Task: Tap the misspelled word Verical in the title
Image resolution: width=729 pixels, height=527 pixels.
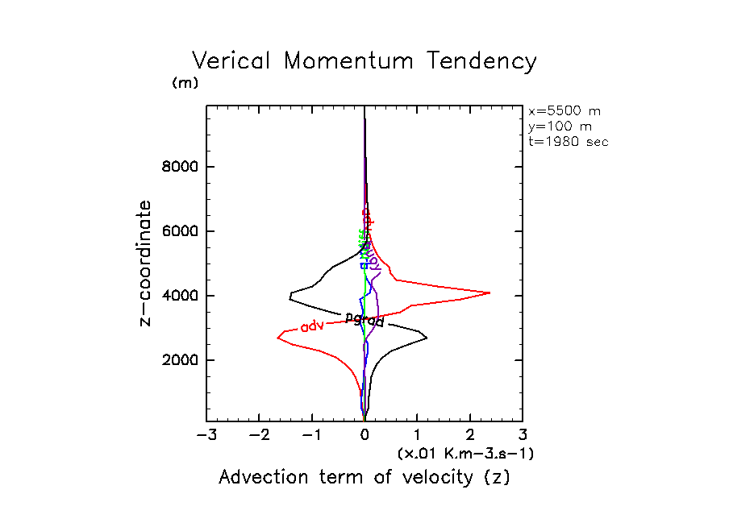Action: tap(230, 62)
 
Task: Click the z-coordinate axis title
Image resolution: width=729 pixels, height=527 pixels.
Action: tap(145, 263)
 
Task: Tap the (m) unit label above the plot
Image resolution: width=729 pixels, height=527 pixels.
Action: tap(185, 83)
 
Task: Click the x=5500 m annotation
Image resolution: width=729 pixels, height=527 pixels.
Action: tap(564, 111)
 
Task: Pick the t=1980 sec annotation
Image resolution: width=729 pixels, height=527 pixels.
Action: tap(568, 142)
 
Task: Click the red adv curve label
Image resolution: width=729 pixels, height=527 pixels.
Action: tap(312, 326)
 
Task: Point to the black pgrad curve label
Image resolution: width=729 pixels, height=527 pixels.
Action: tap(364, 320)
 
